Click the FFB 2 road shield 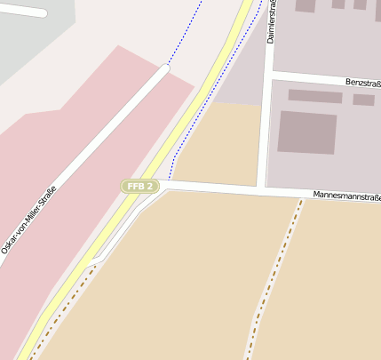coord(140,186)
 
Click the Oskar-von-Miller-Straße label coord(29,219)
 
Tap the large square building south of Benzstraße coord(307,132)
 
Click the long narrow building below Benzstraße coord(315,96)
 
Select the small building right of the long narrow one coord(363,100)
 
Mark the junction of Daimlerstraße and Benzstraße coord(269,74)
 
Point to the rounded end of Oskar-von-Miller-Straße coord(164,68)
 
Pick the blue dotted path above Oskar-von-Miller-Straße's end coord(185,36)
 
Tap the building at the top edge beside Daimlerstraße coord(305,5)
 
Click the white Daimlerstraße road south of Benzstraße coord(264,133)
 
